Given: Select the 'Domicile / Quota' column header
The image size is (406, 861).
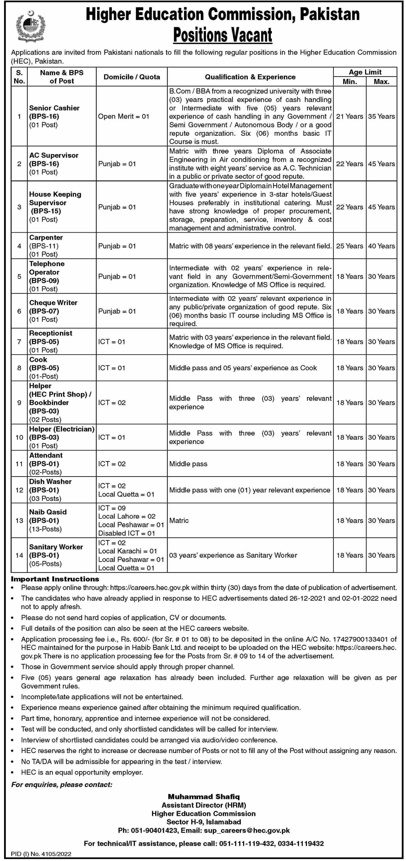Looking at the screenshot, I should click(132, 77).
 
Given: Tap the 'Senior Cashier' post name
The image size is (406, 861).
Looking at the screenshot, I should click(54, 108).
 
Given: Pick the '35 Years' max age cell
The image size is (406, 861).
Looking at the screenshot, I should click(381, 116).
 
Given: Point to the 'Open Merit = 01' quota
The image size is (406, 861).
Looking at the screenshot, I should click(124, 116).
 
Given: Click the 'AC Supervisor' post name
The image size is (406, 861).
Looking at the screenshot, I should click(53, 156).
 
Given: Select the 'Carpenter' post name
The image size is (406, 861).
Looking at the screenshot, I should click(46, 237).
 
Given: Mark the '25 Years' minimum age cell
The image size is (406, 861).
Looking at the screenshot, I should click(350, 246).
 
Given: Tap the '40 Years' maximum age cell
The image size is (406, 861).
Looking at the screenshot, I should click(381, 246).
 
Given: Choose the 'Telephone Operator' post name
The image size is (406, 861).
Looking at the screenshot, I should click(47, 268).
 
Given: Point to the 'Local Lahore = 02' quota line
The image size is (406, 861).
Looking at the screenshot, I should click(127, 516).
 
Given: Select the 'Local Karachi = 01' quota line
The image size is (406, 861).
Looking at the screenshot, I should click(127, 551).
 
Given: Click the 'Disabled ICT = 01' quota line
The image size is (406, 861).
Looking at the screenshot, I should click(126, 533).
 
